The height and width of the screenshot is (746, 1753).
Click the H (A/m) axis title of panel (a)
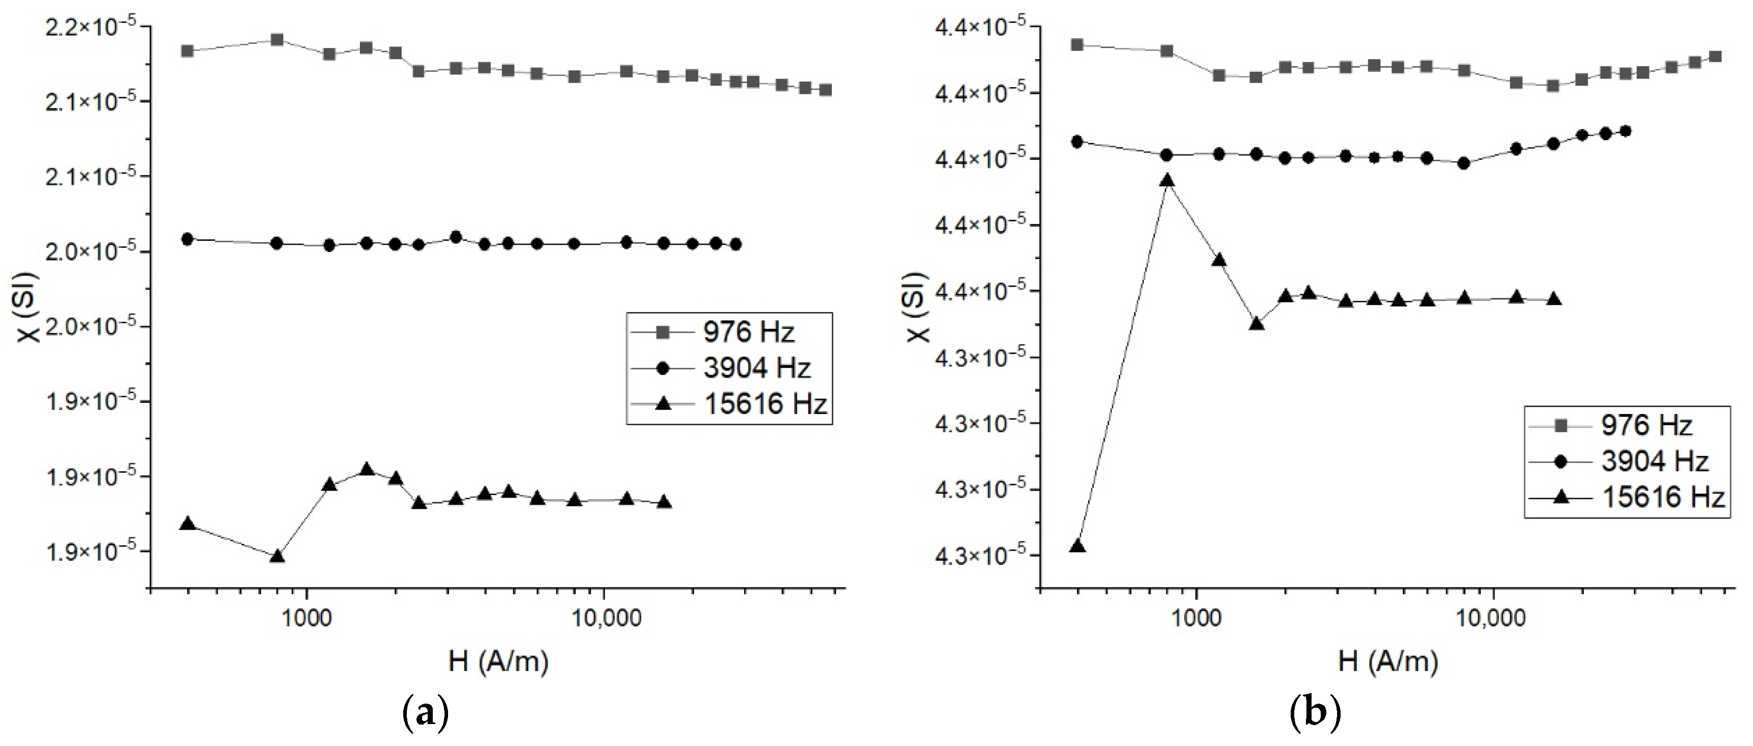point(499,661)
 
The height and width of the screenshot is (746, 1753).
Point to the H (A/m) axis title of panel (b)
point(1388,661)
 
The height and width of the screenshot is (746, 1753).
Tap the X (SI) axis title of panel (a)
point(29,306)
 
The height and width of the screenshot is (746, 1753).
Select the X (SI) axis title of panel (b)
point(918,306)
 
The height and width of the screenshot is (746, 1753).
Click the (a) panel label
point(426,713)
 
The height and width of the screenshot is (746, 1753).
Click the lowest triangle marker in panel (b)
point(1077,546)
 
